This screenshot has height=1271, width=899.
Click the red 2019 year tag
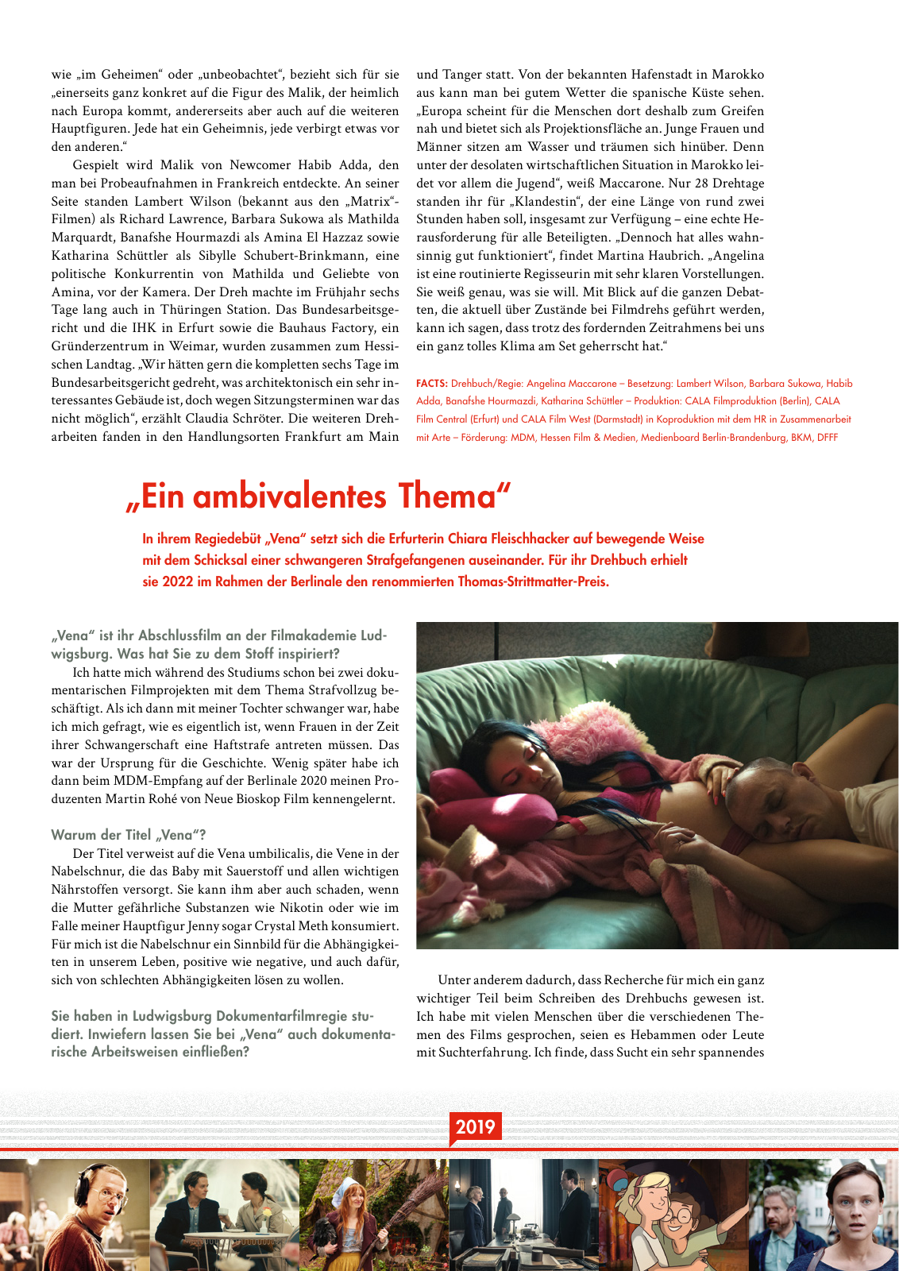tap(475, 1126)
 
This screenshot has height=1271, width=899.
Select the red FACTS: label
tap(431, 384)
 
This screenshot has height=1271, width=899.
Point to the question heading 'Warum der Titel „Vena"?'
tap(129, 835)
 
